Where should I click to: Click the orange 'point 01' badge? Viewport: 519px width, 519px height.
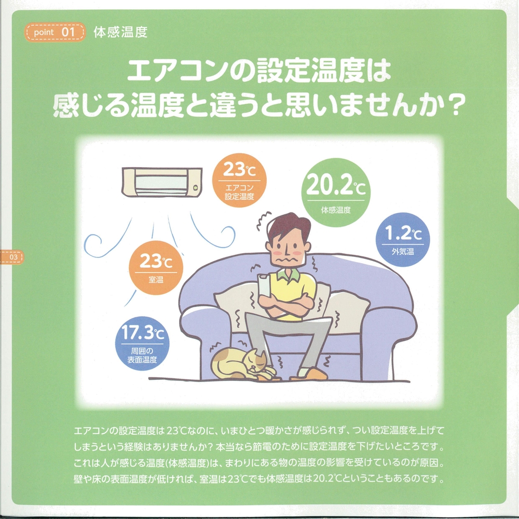55,32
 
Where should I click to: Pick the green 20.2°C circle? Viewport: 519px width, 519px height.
336,193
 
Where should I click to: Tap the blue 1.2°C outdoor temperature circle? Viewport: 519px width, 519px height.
403,240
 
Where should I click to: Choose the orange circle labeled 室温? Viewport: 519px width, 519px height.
156,268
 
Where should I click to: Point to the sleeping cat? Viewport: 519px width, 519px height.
242,364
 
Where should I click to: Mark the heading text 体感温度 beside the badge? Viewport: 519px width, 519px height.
120,32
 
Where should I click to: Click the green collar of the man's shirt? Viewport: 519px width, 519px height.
289,274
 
